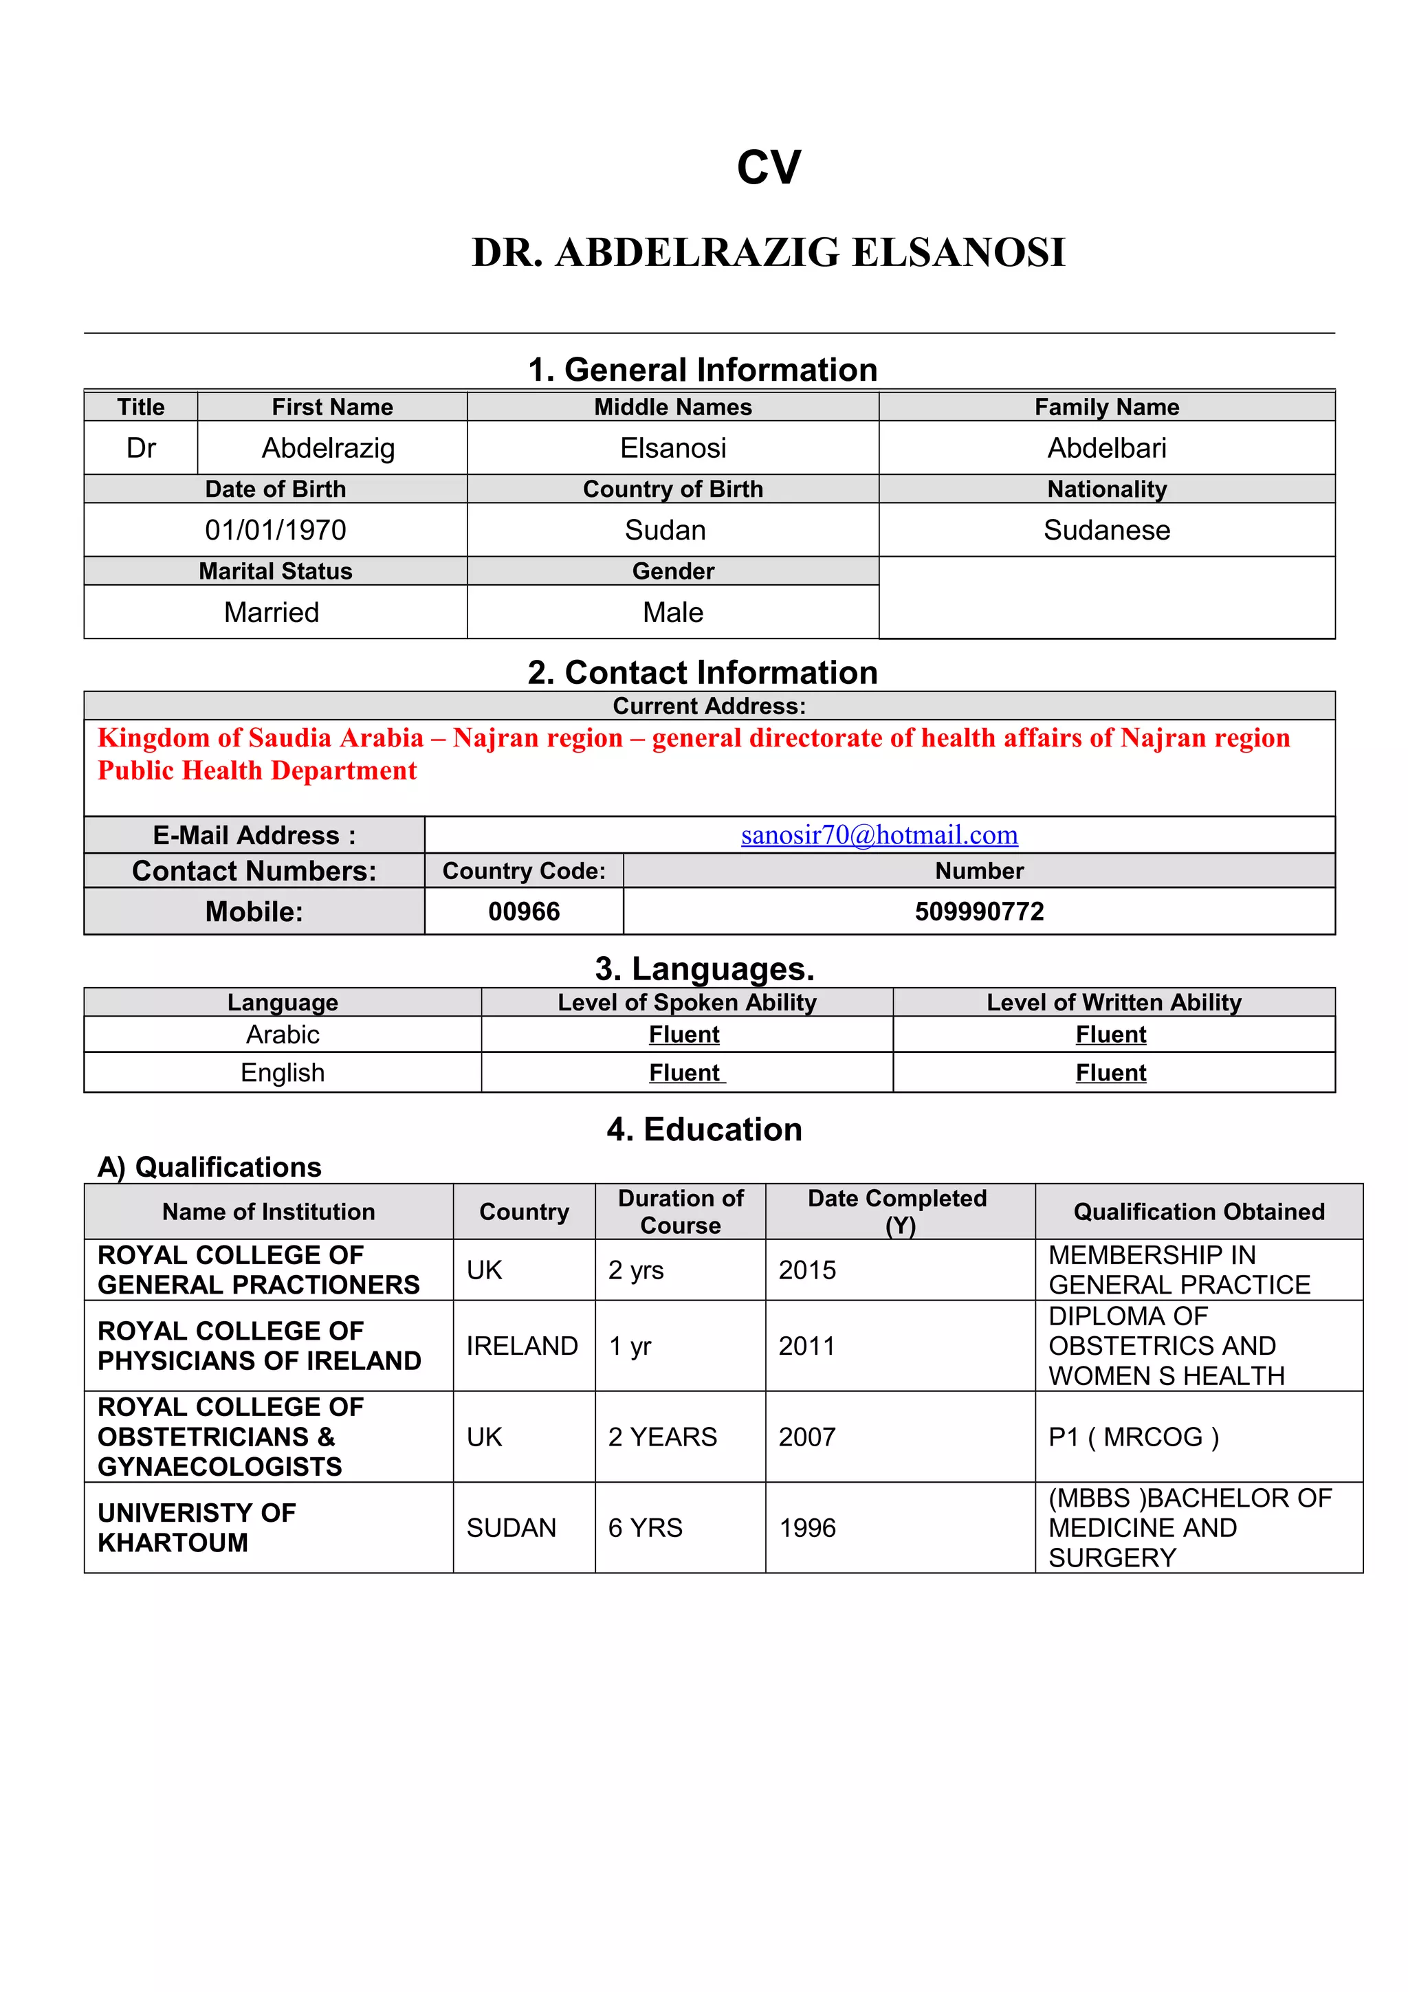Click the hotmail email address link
pos(879,834)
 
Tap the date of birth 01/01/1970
pos(275,530)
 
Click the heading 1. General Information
pos(703,370)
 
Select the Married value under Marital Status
pos(272,612)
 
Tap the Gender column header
pos(672,571)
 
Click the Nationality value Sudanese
pos(1106,530)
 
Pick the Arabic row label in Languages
pos(283,1034)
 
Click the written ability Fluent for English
pos(1110,1072)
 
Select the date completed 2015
pos(807,1270)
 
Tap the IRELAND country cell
pos(521,1346)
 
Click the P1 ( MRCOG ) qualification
pos(1133,1437)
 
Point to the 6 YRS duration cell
pos(645,1528)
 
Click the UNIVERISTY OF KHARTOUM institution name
pos(197,1528)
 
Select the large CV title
pos(769,168)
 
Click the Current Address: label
pos(709,706)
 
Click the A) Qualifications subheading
pos(209,1167)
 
